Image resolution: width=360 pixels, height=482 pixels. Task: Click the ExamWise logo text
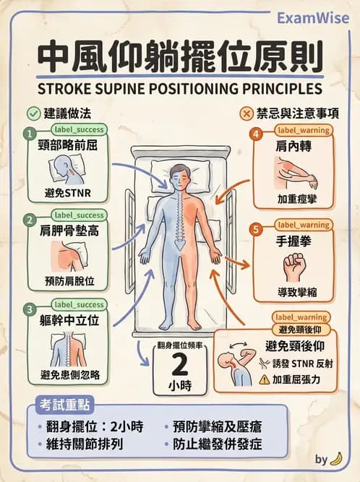pos(313,18)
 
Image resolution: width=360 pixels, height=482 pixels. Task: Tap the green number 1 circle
pos(30,134)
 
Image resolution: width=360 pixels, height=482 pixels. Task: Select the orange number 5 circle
pos(256,230)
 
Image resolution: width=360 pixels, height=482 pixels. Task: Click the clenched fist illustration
pos(294,267)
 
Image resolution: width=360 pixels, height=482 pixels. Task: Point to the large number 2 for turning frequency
pos(180,365)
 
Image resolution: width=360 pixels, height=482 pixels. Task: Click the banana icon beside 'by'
pos(336,459)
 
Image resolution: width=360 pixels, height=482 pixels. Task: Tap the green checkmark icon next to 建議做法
pos(33,113)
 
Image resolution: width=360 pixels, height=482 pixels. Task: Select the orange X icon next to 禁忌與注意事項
pos(247,113)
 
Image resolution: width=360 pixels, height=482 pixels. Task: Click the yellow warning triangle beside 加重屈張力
pos(265,380)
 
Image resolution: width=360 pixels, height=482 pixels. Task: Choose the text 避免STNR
pos(68,193)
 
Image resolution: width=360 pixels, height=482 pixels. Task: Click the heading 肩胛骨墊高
pos(69,231)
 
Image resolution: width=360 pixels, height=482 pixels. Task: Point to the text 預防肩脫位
pos(69,281)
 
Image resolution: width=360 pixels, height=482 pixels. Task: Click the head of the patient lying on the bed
pos(179,177)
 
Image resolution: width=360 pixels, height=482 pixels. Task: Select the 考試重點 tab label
pos(64,405)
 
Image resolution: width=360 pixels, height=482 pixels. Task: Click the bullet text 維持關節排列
pos(85,444)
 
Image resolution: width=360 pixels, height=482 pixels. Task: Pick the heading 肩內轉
pos(293,147)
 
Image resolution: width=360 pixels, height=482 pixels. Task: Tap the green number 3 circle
pos(30,309)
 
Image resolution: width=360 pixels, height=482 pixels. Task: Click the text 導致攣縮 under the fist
pos(297,292)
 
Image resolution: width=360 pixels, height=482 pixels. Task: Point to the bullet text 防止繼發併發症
pos(218,444)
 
